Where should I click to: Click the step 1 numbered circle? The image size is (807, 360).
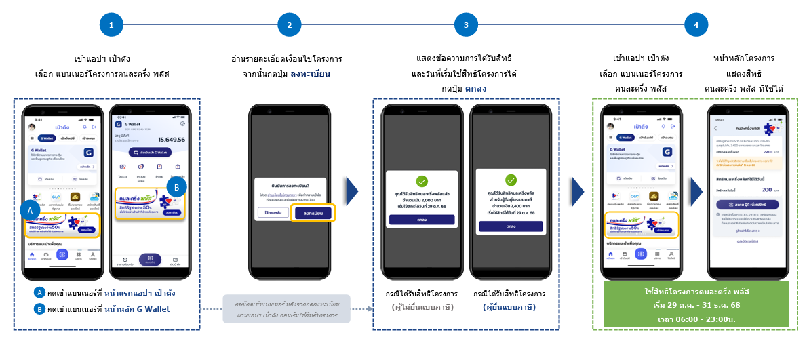click(111, 25)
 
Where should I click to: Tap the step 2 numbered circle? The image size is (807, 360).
click(289, 25)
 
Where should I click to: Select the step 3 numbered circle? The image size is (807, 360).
click(466, 25)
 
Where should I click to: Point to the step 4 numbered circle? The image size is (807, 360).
click(696, 25)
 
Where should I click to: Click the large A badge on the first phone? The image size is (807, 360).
click(31, 211)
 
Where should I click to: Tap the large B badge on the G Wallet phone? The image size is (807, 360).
click(176, 187)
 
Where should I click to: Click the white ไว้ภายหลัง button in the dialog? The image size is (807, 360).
click(273, 212)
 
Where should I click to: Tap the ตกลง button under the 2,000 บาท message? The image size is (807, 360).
click(421, 220)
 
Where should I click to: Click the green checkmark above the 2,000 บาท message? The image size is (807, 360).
click(421, 181)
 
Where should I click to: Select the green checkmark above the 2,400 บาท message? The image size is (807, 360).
click(511, 180)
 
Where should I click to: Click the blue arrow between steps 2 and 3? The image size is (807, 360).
click(352, 192)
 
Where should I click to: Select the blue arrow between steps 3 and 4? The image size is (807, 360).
click(577, 192)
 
